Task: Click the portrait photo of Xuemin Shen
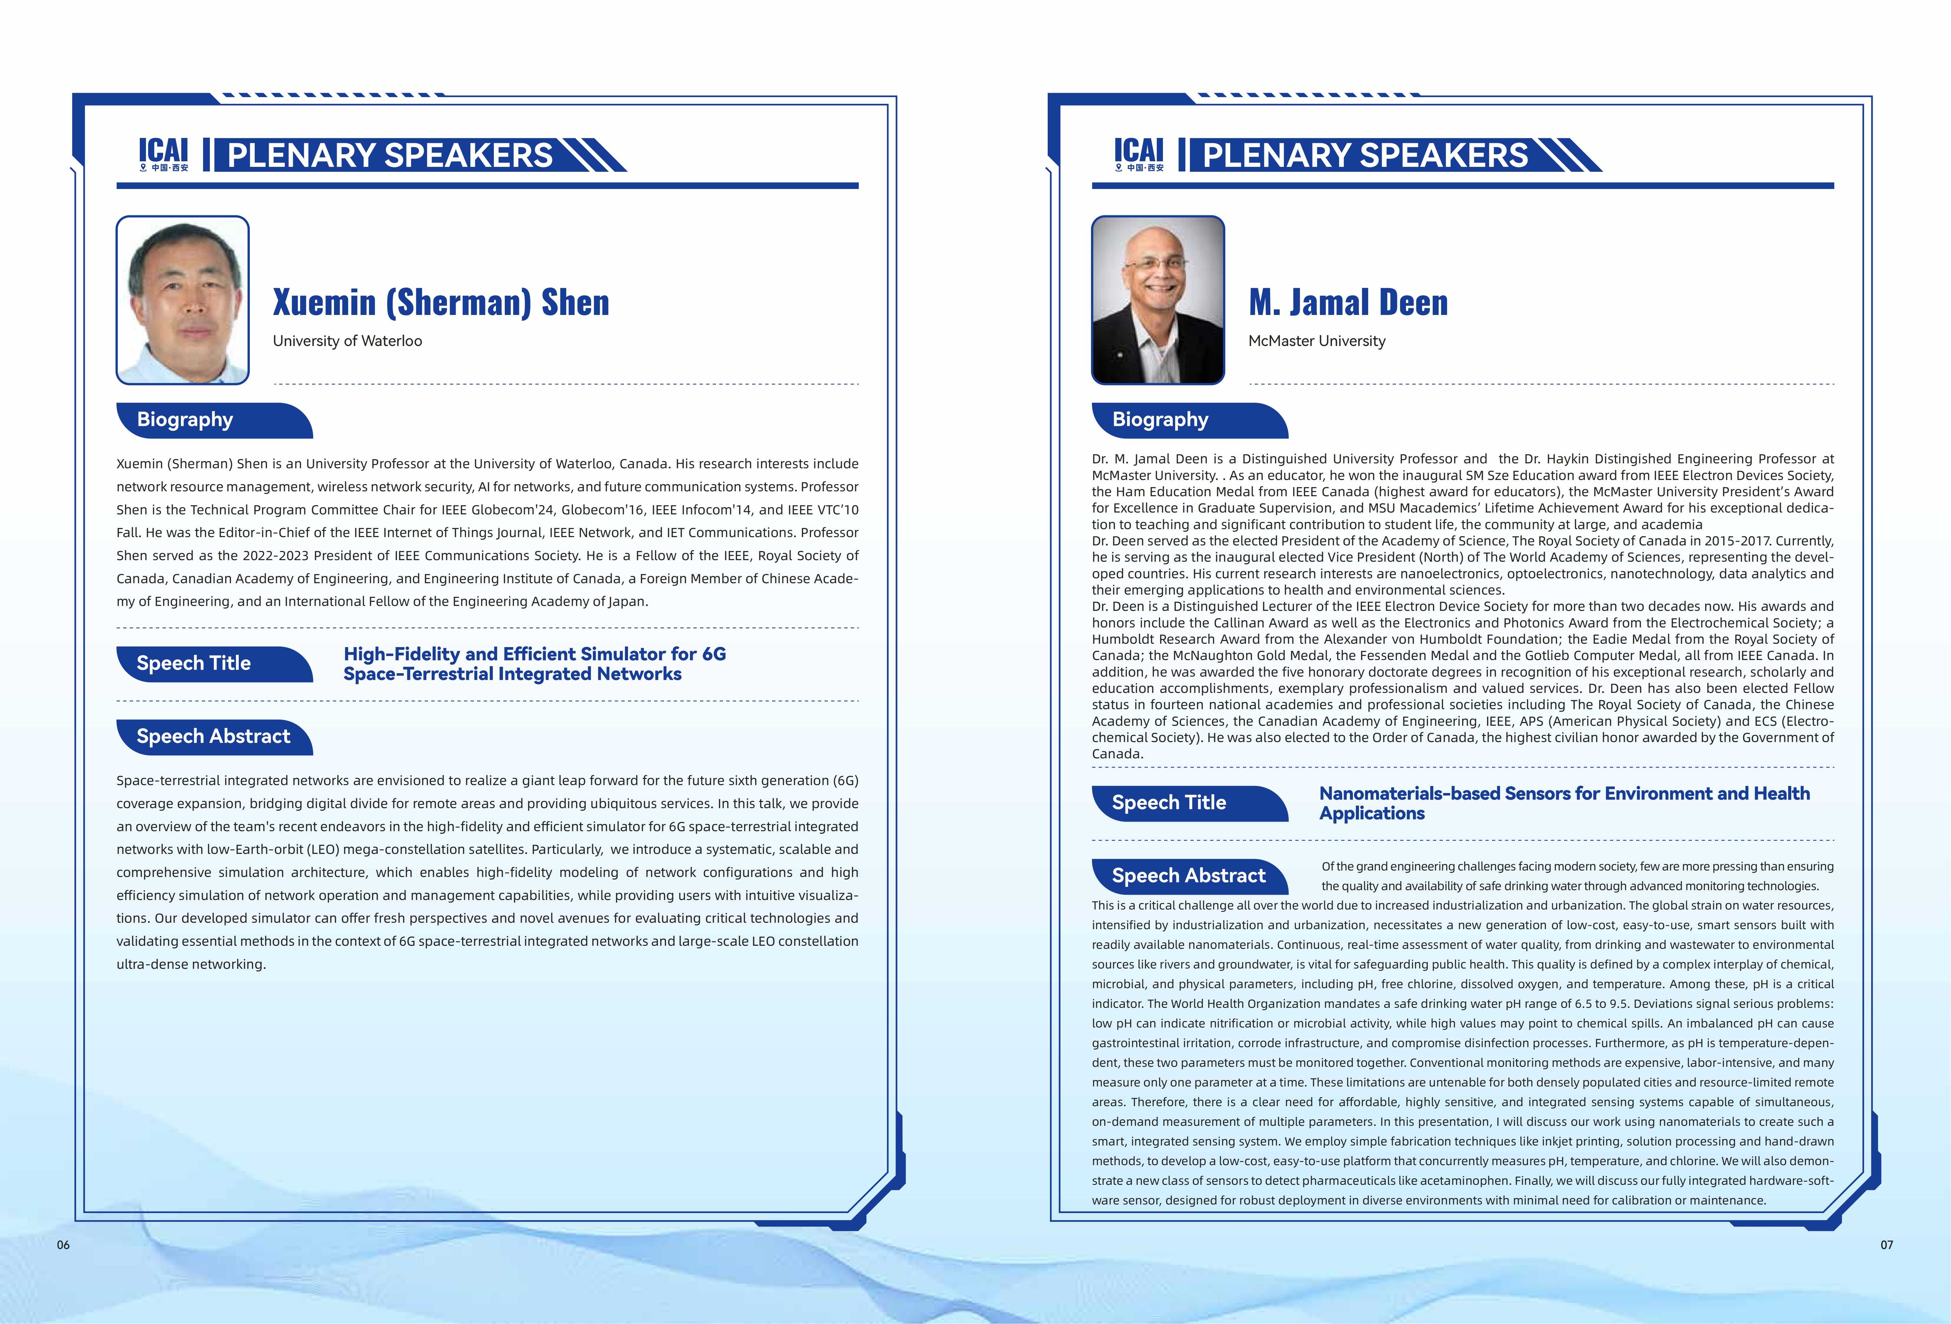click(x=182, y=300)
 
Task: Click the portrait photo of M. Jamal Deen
click(x=1158, y=300)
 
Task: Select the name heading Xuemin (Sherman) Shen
click(x=441, y=302)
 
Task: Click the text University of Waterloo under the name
click(x=347, y=341)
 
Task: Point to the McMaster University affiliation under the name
click(x=1316, y=341)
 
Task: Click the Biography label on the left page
click(x=185, y=420)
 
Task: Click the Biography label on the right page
click(x=1160, y=420)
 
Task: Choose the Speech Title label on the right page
click(x=1168, y=803)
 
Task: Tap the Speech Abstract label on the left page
click(x=213, y=736)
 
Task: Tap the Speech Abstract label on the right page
click(x=1188, y=876)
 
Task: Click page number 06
click(x=63, y=1245)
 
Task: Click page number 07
click(x=1886, y=1245)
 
